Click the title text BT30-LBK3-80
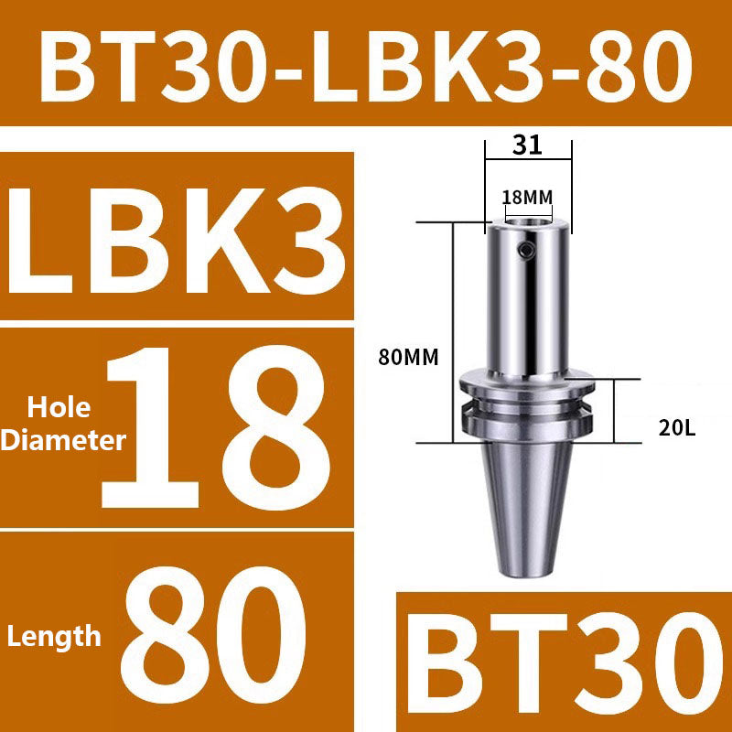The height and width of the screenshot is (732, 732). [366, 64]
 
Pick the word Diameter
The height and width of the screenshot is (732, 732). [61, 440]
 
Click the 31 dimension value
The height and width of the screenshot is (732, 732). [528, 144]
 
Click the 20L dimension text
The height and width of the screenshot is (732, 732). [677, 425]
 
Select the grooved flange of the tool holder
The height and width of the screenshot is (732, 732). [528, 403]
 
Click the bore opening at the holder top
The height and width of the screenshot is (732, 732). [528, 222]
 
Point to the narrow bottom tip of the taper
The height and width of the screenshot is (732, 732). [528, 569]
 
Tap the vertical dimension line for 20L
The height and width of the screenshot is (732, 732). [614, 412]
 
